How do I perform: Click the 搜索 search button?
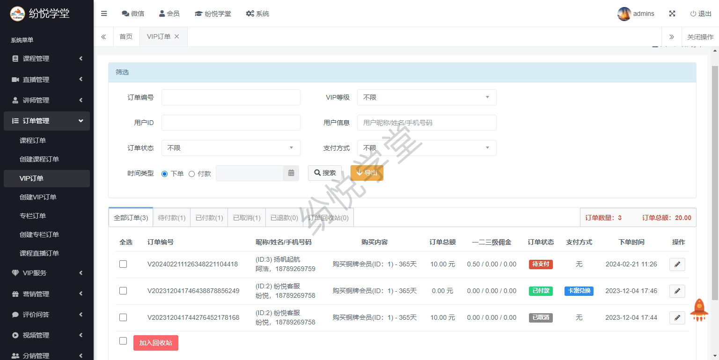(x=325, y=173)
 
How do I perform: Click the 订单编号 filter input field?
(x=231, y=97)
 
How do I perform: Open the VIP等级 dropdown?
(x=426, y=97)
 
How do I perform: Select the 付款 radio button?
(x=191, y=174)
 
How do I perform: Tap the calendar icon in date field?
(x=291, y=173)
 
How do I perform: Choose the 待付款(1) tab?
(x=172, y=218)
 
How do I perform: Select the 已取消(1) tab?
(x=247, y=218)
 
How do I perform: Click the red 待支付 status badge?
(x=541, y=264)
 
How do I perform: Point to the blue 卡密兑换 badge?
(x=579, y=291)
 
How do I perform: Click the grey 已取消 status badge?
(x=541, y=317)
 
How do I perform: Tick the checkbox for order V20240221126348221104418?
(x=123, y=264)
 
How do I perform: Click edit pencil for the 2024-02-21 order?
(x=677, y=264)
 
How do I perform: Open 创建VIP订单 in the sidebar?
(x=38, y=197)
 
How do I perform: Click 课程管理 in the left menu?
(x=36, y=59)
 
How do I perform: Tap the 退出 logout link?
(x=701, y=14)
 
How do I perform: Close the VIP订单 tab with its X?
(x=176, y=37)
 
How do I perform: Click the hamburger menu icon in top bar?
(x=104, y=14)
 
